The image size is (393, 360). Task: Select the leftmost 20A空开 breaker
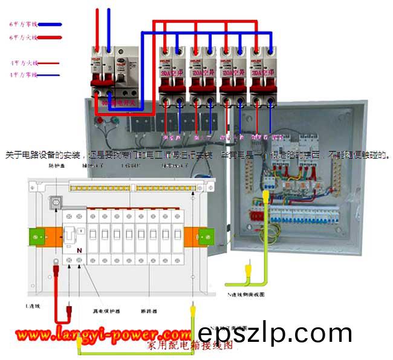(171, 71)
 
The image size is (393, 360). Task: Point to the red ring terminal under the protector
(56, 263)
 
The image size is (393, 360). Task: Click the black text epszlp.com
(274, 333)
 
